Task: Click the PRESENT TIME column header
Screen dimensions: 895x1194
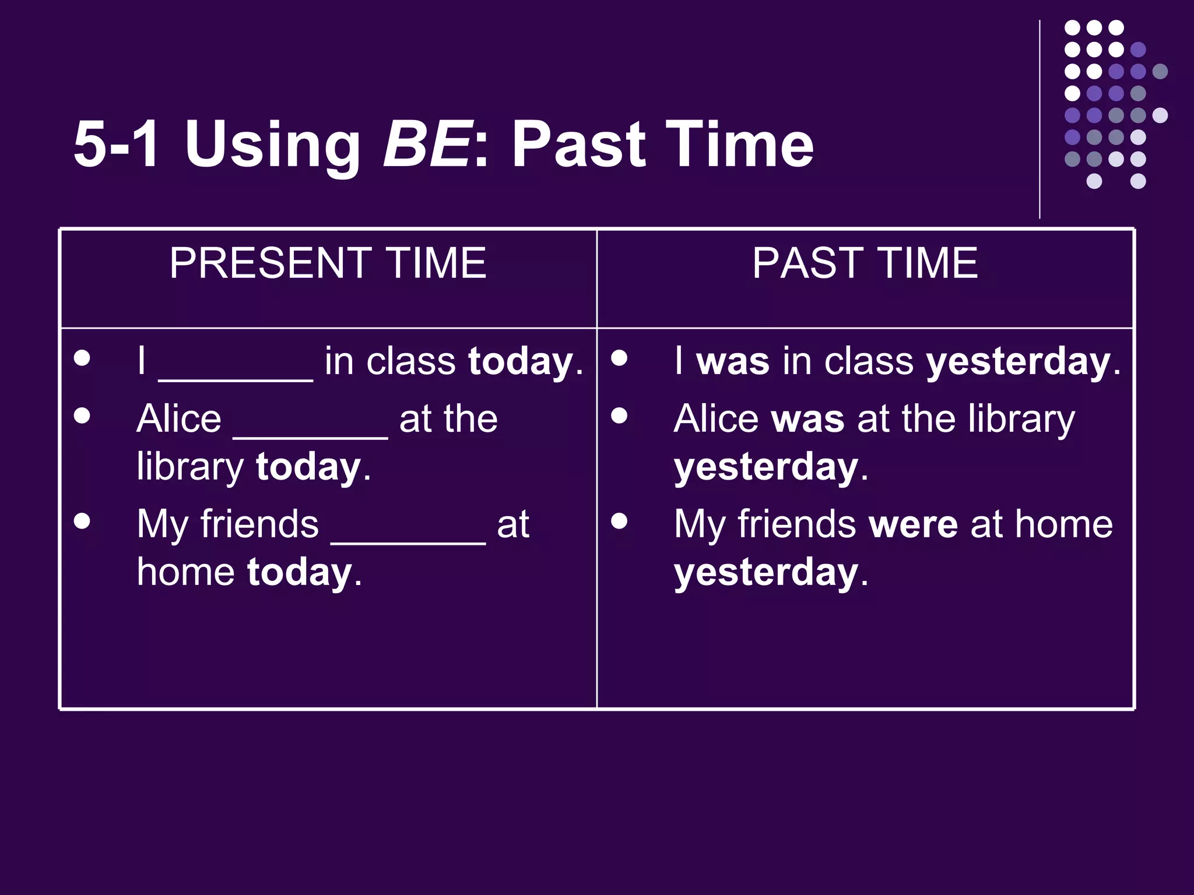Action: [328, 263]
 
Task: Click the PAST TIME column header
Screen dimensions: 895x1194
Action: [865, 263]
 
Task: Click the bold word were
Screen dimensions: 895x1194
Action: [913, 524]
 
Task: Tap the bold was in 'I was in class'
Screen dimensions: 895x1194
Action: [733, 361]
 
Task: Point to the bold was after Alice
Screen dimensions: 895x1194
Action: [807, 419]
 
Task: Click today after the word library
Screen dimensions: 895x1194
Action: [308, 467]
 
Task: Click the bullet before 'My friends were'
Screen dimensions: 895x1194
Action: [619, 520]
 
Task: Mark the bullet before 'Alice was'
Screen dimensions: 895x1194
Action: [619, 415]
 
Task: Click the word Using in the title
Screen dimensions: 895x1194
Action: [272, 146]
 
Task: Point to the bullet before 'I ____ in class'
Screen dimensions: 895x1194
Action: [82, 357]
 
